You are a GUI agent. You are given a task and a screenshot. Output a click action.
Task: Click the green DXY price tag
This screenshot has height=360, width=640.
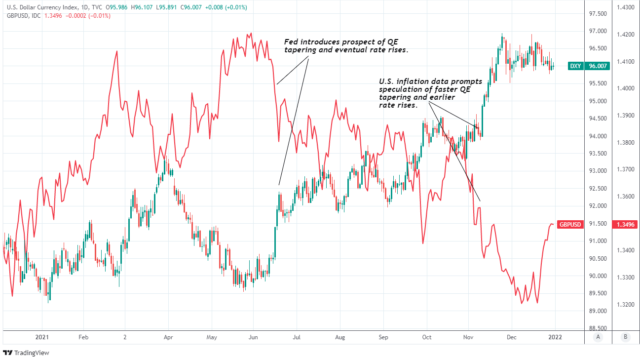coord(575,66)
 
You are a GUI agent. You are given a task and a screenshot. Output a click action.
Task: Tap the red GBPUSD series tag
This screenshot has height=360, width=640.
coord(569,224)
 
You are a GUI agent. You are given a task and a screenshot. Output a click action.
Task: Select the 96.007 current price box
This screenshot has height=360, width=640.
coord(597,66)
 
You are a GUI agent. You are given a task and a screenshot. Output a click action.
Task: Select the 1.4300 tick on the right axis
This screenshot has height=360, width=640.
coord(625,8)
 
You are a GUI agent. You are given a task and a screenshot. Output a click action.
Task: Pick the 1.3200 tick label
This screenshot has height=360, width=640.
coord(625,305)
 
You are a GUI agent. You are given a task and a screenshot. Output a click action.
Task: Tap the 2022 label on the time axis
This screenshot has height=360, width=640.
coord(555,337)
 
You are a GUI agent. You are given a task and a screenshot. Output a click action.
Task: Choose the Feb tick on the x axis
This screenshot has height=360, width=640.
coord(83,337)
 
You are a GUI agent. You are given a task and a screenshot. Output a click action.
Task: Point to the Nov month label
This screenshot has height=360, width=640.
coord(468,337)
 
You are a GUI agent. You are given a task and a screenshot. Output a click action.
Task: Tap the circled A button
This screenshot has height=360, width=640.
coord(598,337)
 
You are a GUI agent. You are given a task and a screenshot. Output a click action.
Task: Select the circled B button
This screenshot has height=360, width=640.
coord(625,337)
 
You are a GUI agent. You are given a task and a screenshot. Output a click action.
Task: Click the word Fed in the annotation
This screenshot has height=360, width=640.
coord(291,42)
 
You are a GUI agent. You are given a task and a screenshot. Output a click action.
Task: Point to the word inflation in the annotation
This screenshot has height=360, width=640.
coord(410,81)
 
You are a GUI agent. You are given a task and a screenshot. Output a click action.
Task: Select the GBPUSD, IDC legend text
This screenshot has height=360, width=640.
coord(23,16)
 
